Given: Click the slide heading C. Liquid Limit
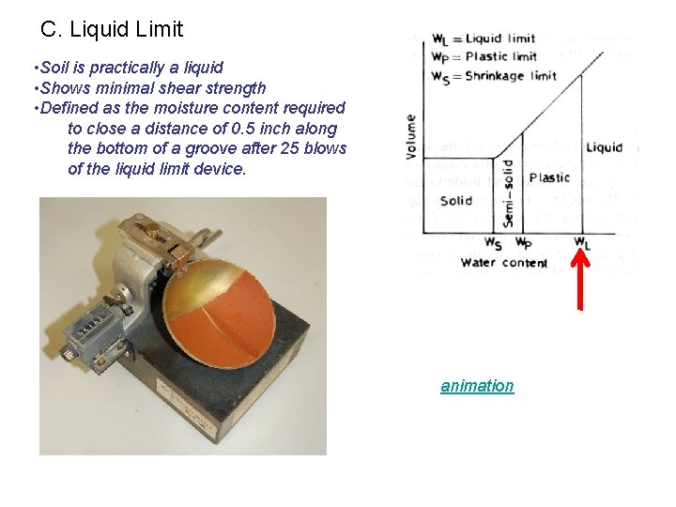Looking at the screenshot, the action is [x=113, y=29].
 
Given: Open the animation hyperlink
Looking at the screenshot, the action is [x=477, y=386].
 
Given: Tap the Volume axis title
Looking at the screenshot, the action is [x=411, y=136].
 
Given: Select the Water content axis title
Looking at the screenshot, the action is [x=504, y=263].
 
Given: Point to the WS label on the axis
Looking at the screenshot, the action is [x=493, y=242].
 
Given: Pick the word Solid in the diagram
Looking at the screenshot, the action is [x=456, y=201].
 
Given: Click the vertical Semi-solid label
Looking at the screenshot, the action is [x=507, y=192].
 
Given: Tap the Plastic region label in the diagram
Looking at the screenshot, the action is [x=549, y=177].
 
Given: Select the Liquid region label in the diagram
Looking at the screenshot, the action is [x=604, y=147].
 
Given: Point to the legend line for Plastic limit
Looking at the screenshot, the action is [x=484, y=56].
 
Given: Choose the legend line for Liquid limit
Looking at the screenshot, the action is [x=484, y=38].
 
